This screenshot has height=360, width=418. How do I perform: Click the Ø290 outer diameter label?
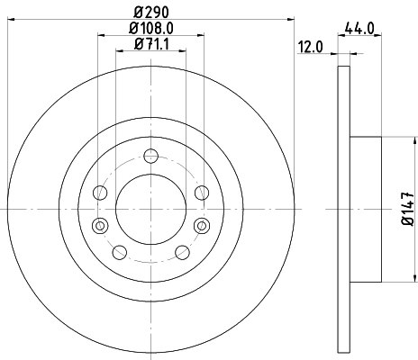(150, 10)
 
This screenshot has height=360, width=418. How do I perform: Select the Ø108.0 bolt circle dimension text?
(150, 27)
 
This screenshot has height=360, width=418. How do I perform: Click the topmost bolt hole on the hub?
(150, 154)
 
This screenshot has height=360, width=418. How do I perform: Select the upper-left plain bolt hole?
(100, 193)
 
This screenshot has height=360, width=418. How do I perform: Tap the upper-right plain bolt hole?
(201, 192)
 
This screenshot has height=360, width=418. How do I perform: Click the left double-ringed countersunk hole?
(99, 224)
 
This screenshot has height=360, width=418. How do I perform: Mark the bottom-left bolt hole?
(119, 251)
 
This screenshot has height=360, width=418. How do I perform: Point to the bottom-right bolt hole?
(182, 251)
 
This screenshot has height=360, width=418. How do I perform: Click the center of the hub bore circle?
(150, 209)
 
